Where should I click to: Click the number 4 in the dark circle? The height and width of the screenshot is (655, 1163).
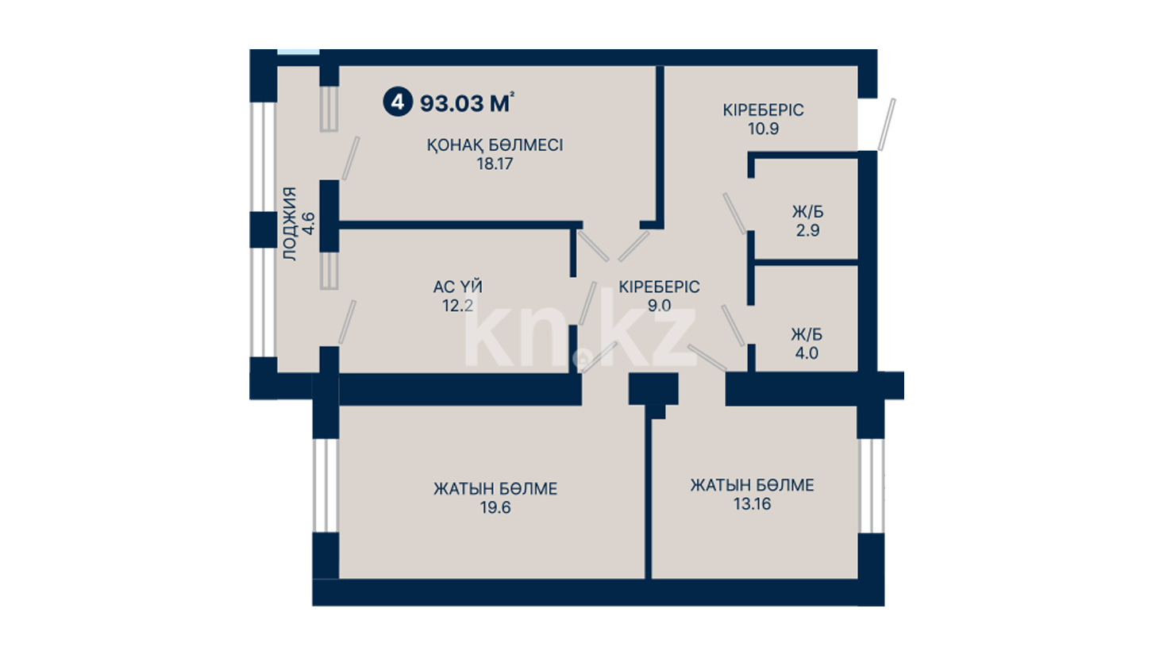(x=397, y=102)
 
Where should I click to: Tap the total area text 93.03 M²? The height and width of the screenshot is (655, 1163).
(x=467, y=103)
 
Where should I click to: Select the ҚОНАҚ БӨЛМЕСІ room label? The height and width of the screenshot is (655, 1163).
(x=495, y=145)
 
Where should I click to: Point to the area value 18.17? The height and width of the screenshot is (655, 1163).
(x=495, y=164)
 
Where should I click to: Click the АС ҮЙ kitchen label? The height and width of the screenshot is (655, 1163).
(x=458, y=286)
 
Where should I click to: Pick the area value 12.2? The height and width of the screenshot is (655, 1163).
(x=458, y=306)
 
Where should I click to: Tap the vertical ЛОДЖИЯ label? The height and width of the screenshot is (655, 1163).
(x=289, y=224)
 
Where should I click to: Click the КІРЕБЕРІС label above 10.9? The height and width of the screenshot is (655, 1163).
(x=763, y=110)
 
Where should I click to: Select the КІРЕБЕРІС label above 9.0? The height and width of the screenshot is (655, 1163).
(x=659, y=287)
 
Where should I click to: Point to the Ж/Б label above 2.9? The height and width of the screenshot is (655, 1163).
(x=807, y=212)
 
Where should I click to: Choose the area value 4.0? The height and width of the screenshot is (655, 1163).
(x=807, y=353)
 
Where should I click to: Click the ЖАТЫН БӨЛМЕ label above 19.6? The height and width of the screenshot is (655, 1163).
(x=495, y=489)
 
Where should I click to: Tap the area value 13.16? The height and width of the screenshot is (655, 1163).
(x=752, y=504)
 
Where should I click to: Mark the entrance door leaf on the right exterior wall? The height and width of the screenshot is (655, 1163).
(x=886, y=125)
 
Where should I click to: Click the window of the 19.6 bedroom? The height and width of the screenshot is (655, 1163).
(x=325, y=486)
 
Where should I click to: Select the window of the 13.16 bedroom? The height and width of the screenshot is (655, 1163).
(x=871, y=486)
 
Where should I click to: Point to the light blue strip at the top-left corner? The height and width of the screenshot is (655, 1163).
(x=298, y=52)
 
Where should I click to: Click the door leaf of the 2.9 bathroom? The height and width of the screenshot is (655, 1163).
(x=734, y=214)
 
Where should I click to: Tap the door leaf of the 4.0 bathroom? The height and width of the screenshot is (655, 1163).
(x=733, y=326)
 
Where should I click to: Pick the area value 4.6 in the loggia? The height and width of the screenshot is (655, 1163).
(x=308, y=224)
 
